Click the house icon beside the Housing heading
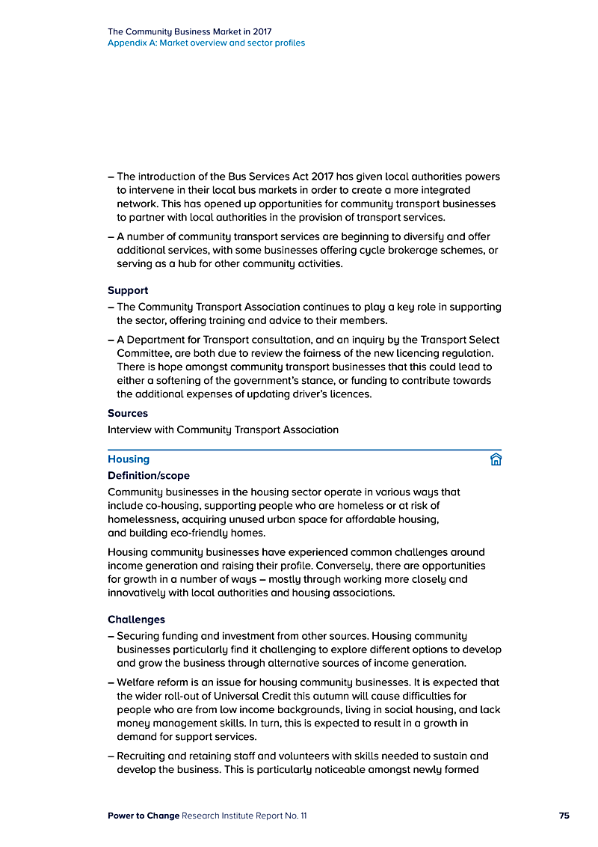click(x=495, y=459)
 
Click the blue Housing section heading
click(x=129, y=459)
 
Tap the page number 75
click(x=564, y=816)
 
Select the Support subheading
click(x=128, y=290)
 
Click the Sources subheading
click(x=128, y=413)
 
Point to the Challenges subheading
click(x=136, y=620)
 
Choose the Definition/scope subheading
click(x=149, y=476)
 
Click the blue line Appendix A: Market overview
click(x=206, y=43)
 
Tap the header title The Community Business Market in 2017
click(x=190, y=31)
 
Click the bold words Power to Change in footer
click(x=144, y=816)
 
